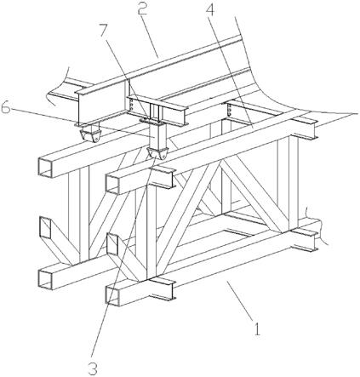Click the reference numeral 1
click(257, 329)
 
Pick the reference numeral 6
click(7, 107)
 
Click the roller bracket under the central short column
click(157, 153)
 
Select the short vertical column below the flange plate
click(157, 135)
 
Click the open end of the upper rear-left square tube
click(45, 167)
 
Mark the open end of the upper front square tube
click(113, 183)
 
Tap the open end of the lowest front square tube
click(113, 295)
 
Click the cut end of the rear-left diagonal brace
click(45, 227)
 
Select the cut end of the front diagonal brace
click(113, 244)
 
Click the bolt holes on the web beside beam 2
click(131, 106)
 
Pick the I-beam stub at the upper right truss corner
click(304, 129)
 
